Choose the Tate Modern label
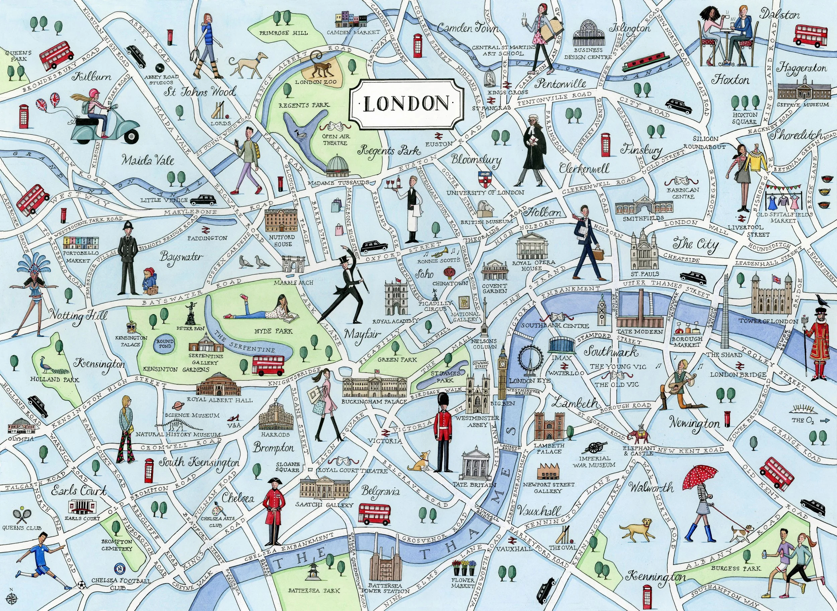pos(639,332)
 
